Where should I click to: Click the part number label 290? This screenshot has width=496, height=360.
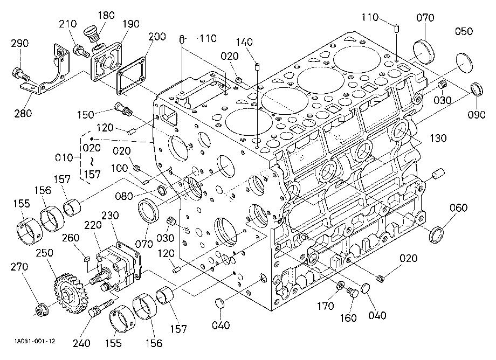(19, 43)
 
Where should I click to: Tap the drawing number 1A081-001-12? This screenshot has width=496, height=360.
(35, 341)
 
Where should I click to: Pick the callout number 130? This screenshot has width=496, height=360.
(438, 138)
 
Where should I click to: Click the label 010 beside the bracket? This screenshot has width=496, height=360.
(64, 157)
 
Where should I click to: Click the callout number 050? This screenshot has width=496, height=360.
(464, 31)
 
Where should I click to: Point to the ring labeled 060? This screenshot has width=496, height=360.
(437, 234)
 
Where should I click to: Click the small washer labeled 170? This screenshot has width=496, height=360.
(340, 286)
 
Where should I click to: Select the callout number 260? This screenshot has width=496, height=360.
(71, 238)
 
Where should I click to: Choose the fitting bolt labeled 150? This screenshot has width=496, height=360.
(123, 109)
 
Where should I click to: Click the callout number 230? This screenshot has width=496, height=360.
(110, 216)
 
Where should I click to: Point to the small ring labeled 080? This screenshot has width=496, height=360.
(163, 191)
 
